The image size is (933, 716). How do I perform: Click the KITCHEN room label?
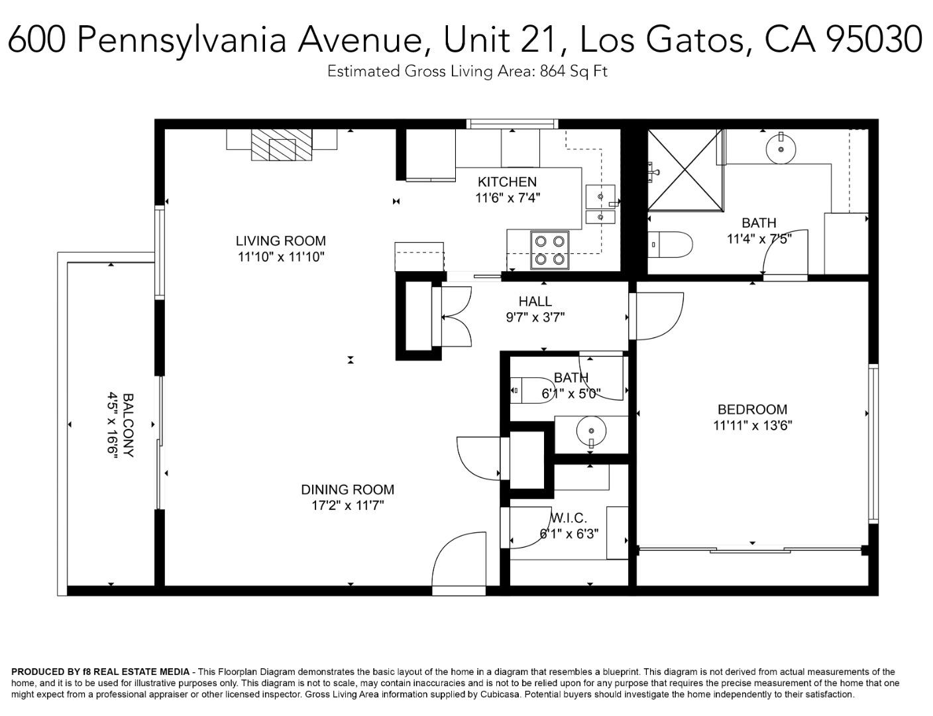coord(507,182)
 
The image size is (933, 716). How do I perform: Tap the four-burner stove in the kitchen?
coord(549,251)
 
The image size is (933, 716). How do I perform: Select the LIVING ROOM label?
coord(281,241)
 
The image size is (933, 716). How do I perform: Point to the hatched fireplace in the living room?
coord(282,145)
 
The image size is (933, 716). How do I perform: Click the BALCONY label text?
coord(129,425)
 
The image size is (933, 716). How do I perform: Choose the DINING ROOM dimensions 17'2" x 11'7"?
coord(348,506)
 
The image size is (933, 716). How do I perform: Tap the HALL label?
coord(535,301)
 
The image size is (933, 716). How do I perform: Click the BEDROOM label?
coord(752,409)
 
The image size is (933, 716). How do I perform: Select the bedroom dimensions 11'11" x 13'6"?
coord(752,425)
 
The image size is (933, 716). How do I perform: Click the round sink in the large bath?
coord(781,149)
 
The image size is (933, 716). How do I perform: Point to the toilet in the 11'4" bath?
coord(670,245)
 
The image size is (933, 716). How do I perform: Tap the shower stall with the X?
coord(686,170)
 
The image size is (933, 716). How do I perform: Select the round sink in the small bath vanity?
coord(591,431)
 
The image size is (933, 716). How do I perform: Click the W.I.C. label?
coord(569,517)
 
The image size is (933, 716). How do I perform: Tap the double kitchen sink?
coord(600,204)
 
